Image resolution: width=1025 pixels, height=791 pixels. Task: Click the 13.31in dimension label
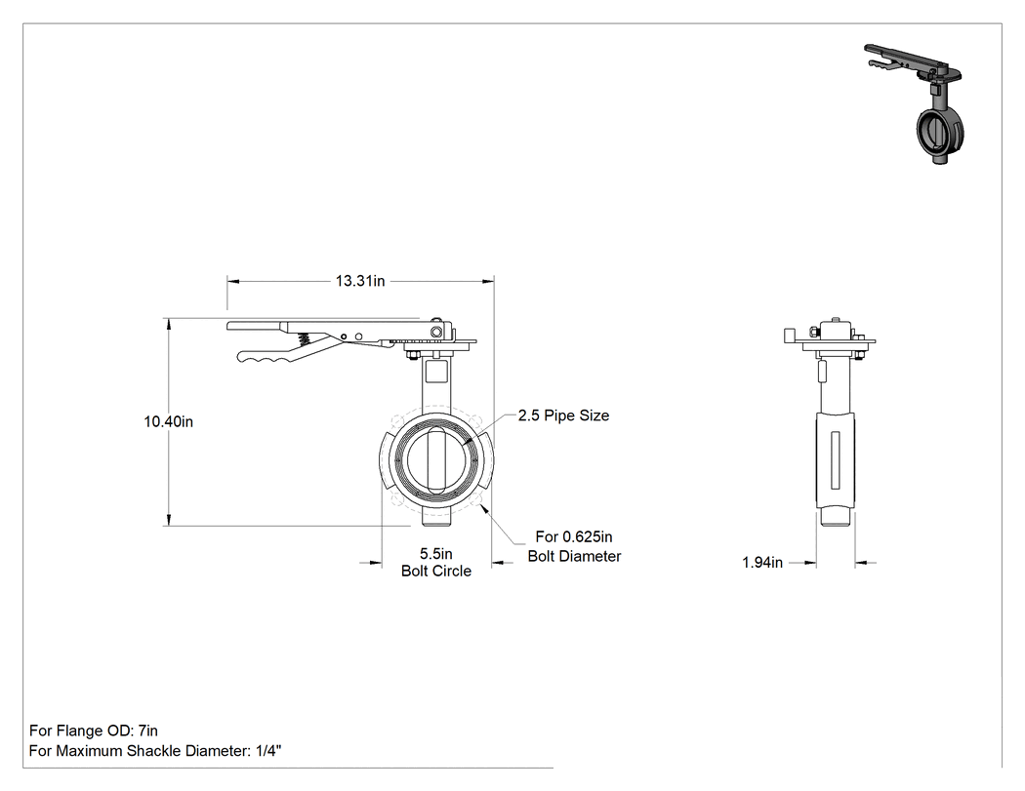[x=360, y=281]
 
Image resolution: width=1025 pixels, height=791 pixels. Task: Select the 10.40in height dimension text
[x=169, y=421]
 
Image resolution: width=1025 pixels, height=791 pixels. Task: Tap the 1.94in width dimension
[x=762, y=563]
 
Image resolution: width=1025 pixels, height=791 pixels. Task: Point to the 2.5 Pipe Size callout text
[x=563, y=415]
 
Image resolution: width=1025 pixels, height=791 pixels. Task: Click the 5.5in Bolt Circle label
[x=436, y=563]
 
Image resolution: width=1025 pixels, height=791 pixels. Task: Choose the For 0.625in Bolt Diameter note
[x=574, y=546]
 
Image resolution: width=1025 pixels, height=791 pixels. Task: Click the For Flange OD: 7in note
[x=94, y=731]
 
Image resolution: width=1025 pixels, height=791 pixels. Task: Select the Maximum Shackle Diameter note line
[x=155, y=750]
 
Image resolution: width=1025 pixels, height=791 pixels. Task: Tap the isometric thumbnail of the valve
[x=913, y=103]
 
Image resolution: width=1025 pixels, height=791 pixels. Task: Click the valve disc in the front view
[x=436, y=459]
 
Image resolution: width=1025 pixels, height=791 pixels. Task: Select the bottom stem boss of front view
[x=436, y=519]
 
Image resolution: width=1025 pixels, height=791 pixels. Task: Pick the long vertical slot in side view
[x=835, y=459]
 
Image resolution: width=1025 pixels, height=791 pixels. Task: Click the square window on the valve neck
[x=436, y=372]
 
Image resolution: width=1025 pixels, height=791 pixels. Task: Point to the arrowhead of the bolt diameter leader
[x=482, y=507]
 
